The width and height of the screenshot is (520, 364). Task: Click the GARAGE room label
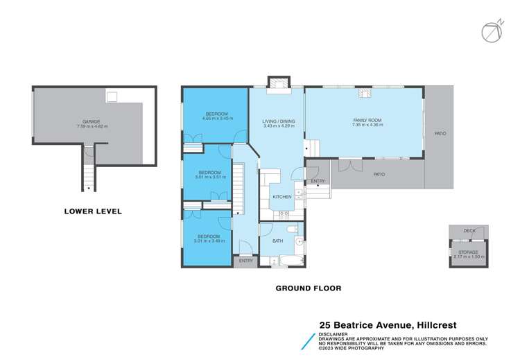pos(87,123)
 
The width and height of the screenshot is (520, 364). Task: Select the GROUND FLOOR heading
pos(309,288)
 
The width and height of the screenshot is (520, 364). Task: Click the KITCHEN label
pos(281,198)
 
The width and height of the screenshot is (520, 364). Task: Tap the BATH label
pos(277,241)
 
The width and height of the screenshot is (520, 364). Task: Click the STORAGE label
pos(468,252)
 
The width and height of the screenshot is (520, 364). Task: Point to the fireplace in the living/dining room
pos(279,83)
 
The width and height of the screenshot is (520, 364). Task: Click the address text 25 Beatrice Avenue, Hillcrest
pos(398,324)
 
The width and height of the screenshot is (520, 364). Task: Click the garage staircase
pos(88,170)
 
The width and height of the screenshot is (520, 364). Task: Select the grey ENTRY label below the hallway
pos(246,261)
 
